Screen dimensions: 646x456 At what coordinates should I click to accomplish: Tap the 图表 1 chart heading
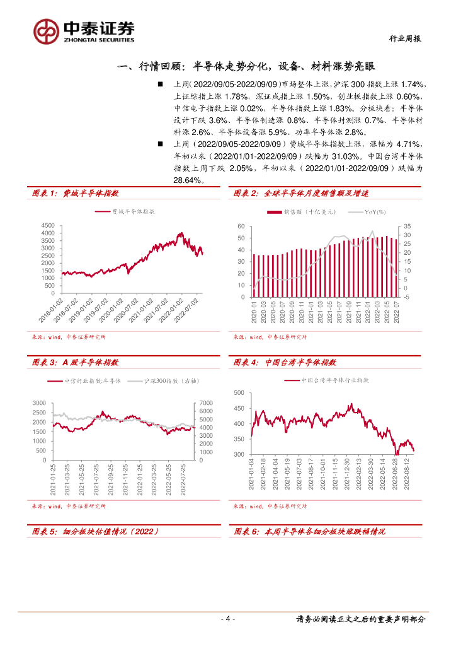point(75,194)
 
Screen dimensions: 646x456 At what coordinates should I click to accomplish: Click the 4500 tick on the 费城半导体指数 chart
point(48,225)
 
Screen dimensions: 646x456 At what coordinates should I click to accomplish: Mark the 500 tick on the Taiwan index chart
point(238,393)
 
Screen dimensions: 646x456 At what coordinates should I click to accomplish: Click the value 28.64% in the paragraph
point(188,180)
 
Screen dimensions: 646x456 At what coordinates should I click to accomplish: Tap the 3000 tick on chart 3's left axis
point(39,402)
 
